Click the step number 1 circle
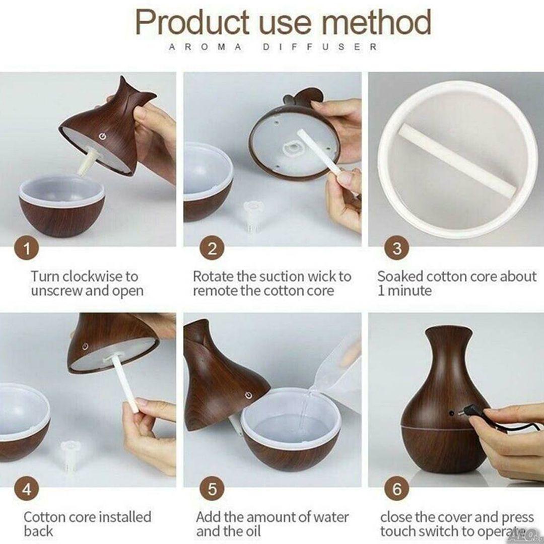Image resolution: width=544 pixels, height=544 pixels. pos(26,248)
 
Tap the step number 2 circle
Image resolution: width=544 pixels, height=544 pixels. pos(212,248)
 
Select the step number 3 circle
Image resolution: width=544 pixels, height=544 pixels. pos(397,248)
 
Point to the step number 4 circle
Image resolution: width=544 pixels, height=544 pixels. pos(26,489)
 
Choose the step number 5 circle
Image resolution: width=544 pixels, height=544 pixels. pos(212,489)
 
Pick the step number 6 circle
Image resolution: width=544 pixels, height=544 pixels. pos(397,489)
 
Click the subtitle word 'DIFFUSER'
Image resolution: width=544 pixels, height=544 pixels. pos(320,47)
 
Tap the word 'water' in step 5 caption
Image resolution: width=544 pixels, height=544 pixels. pos(330,517)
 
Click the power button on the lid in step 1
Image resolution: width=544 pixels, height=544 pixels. pos(102,136)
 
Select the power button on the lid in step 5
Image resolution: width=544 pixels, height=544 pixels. pos(248,395)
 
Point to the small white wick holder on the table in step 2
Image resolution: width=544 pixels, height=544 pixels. pos(251,216)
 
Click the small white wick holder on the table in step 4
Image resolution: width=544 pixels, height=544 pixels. pos(69,455)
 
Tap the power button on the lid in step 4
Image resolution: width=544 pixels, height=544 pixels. pos(85,346)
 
